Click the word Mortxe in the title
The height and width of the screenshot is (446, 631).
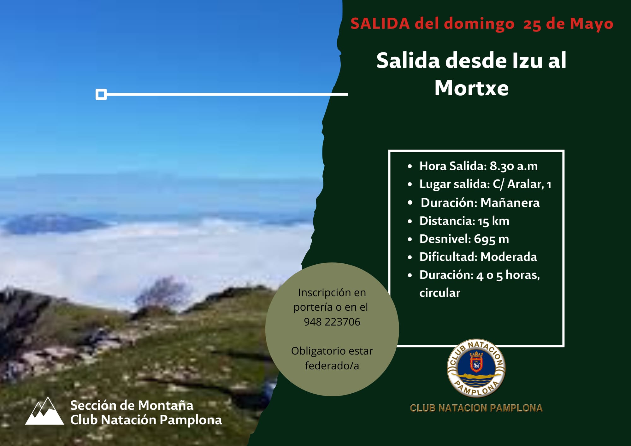tap(471, 88)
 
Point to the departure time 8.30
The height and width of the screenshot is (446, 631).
tap(502, 166)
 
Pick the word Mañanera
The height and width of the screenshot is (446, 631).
tap(510, 202)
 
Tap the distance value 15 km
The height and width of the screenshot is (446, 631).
tap(493, 221)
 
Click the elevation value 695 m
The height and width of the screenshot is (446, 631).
tap(491, 239)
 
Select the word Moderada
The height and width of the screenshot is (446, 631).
tap(509, 257)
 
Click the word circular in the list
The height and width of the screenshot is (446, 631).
tap(440, 293)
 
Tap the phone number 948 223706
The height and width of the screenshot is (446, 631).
tap(332, 322)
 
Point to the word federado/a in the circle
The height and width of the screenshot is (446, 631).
tap(332, 366)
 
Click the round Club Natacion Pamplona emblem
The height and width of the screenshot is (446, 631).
tap(476, 368)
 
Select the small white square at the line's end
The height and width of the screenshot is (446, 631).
tap(101, 94)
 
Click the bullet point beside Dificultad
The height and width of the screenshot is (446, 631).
tap(410, 257)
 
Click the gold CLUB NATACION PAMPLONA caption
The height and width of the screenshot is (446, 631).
tap(476, 408)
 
